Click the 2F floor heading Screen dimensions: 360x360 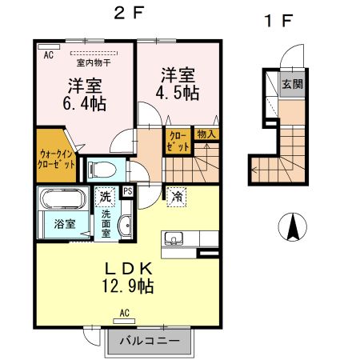click(x=126, y=14)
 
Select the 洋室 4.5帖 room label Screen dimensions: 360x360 click(x=179, y=84)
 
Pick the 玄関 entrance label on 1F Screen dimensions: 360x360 click(x=291, y=83)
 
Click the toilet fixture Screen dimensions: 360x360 click(x=100, y=169)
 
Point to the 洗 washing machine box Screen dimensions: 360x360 click(x=104, y=194)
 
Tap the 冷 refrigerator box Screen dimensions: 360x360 click(x=175, y=194)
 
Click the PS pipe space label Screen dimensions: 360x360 click(x=127, y=191)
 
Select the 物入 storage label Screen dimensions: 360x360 click(x=206, y=134)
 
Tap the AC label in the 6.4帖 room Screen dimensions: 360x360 click(x=47, y=54)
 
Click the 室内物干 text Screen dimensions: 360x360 click(x=92, y=62)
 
